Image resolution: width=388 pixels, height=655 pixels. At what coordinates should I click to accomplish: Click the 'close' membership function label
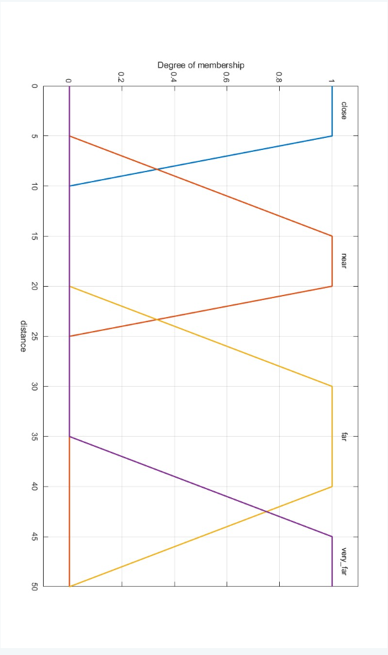tap(343, 110)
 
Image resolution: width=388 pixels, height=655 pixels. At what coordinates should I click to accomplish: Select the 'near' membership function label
tap(343, 261)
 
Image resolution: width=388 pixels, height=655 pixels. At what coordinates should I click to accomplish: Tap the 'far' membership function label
tap(343, 437)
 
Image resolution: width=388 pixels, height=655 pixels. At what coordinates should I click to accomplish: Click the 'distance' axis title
tap(23, 336)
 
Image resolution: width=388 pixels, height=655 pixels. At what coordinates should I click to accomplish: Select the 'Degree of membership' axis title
tap(201, 65)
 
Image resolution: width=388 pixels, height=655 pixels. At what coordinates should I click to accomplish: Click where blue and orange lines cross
tap(156, 169)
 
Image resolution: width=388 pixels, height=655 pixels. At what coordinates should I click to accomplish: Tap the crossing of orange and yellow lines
tap(156, 320)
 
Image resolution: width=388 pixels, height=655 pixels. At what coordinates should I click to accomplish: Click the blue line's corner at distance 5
tap(332, 136)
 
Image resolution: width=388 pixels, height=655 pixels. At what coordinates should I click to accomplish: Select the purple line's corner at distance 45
tap(332, 537)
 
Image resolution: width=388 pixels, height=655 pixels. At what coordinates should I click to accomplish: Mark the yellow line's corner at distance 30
tap(332, 386)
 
